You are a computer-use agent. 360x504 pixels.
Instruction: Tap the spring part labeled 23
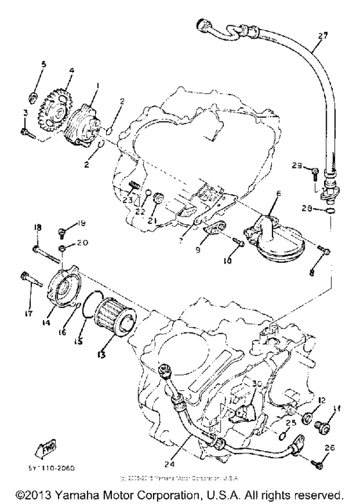[x=133, y=188]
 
